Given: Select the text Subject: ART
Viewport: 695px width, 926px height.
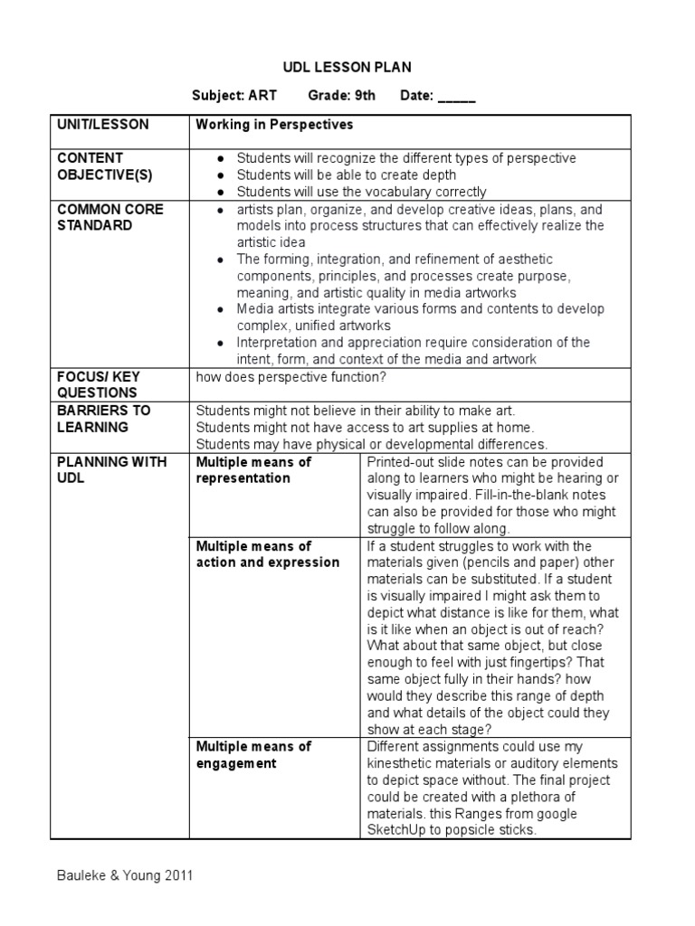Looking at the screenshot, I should (234, 96).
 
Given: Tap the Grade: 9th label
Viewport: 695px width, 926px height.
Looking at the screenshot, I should (341, 96).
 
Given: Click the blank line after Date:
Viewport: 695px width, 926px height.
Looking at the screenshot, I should (456, 98).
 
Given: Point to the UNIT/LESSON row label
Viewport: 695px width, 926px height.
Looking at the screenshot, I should (103, 124).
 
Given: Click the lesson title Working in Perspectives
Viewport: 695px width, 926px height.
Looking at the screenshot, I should (274, 124).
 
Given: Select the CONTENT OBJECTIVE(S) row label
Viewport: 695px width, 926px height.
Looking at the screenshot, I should (102, 165).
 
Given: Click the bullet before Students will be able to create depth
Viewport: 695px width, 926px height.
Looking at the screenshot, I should (222, 175).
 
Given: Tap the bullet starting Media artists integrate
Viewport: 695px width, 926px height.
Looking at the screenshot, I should (222, 309).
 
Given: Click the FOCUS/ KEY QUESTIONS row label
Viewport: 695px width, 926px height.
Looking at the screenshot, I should (99, 384).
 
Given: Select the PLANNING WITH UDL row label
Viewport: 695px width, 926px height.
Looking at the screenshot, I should (111, 469).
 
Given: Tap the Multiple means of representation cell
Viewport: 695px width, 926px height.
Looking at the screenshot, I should (253, 469).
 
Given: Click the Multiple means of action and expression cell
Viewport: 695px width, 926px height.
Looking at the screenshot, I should (267, 554).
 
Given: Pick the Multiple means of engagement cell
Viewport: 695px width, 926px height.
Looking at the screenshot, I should (253, 755).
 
